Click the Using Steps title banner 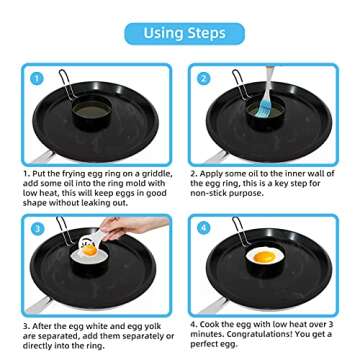(180, 33)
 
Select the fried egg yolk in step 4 (264, 263)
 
